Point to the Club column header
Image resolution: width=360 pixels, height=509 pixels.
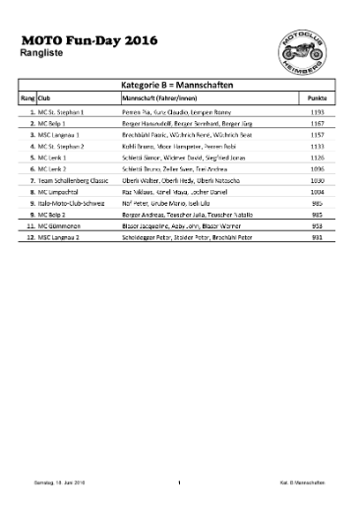44,100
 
